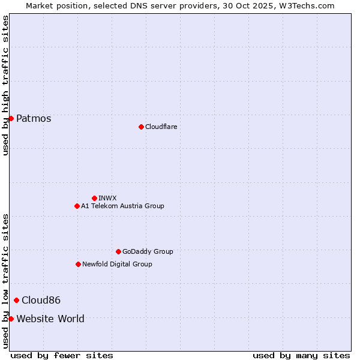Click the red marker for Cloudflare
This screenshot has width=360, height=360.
(141, 127)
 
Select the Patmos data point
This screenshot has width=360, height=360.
(11, 118)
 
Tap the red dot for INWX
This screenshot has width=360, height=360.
(94, 198)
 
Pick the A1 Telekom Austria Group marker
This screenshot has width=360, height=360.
(77, 206)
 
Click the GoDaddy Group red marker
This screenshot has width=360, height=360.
(118, 251)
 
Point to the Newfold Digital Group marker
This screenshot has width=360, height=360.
(78, 264)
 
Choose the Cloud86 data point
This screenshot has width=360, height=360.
(16, 300)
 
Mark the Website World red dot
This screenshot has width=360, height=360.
(11, 319)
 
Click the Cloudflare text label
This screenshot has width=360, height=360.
(161, 127)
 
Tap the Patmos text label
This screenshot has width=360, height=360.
(34, 118)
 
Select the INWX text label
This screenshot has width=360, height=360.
(107, 198)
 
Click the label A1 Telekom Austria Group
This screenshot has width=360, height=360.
(122, 206)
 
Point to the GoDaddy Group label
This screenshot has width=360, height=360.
(148, 251)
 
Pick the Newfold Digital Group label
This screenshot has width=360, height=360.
(117, 264)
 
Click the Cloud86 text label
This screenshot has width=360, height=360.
(41, 300)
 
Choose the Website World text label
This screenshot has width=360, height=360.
(50, 319)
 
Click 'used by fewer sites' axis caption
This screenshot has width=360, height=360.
(62, 355)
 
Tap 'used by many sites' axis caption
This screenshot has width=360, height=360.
(301, 355)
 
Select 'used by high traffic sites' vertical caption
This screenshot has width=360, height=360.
(5, 85)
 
